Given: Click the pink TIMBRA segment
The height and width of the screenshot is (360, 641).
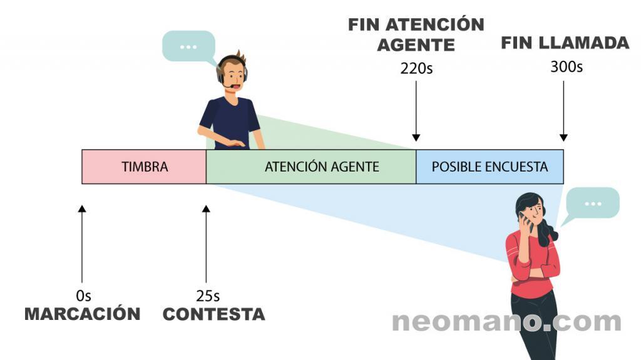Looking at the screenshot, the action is coord(144,167).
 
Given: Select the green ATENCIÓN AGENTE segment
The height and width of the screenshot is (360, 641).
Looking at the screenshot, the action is coord(311,167).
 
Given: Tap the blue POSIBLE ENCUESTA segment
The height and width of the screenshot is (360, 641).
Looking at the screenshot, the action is coord(490,167).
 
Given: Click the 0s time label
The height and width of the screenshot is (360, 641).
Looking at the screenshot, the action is coord(83,296).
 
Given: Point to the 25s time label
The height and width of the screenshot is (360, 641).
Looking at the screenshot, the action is coord(208,296).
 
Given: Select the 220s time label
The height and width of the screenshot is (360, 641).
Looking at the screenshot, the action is coord(416,68).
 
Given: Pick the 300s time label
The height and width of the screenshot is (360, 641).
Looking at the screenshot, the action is coord(566,66).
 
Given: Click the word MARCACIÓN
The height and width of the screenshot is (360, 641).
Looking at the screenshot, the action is coord(83,314).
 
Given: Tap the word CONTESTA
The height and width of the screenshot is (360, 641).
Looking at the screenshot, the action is coord(214,314).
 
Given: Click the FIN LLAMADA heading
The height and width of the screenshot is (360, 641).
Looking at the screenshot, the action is coord(565,43).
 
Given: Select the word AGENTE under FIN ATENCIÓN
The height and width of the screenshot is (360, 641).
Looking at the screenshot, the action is coord(416,45).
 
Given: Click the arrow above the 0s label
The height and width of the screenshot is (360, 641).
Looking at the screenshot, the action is coord(82,244).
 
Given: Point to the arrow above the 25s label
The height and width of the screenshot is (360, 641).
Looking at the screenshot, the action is coord(206,244).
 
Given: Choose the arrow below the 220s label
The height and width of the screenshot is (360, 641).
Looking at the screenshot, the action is coord(416,111).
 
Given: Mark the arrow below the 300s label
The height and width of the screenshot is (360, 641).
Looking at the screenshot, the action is coord(563,111).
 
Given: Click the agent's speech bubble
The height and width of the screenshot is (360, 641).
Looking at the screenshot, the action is coord(188,46).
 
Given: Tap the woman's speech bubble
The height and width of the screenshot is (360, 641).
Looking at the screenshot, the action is coord(592,203).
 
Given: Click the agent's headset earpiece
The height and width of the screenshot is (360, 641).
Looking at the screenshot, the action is coord(222,77).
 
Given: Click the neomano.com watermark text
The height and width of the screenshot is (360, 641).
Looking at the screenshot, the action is coord(506,322).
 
